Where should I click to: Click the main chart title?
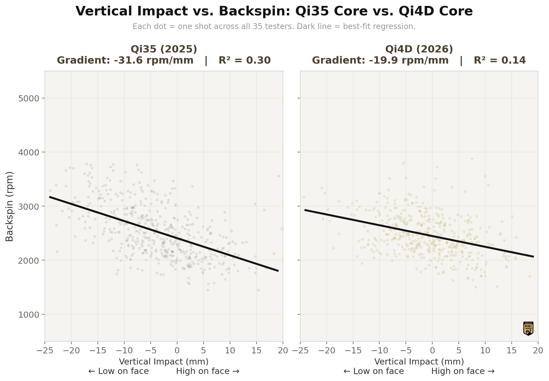coord(274,12)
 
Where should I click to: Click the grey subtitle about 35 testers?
coord(274,26)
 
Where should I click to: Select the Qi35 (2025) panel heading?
coord(164,49)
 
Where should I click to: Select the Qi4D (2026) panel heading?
coord(419,49)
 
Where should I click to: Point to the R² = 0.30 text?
coord(245,60)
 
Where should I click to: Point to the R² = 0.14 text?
coord(500,60)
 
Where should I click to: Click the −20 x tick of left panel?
coord(71,350)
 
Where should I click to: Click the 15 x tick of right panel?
coord(512,350)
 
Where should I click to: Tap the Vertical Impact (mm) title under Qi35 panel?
coord(164,361)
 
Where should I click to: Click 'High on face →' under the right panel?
coord(463,371)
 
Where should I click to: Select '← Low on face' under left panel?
coord(118,371)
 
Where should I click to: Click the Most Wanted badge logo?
coord(528,328)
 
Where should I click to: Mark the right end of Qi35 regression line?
coord(278,271)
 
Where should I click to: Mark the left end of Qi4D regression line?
coord(305,210)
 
